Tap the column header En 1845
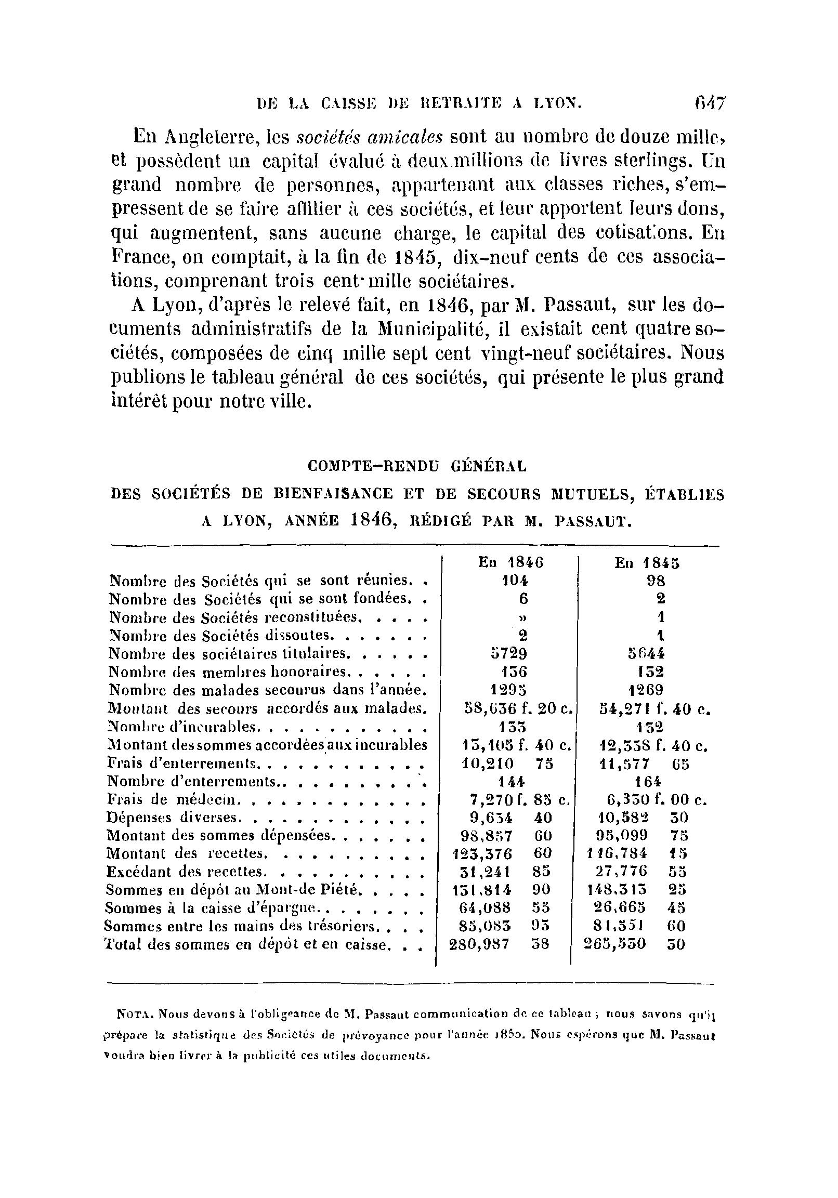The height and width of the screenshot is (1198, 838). pyautogui.click(x=647, y=563)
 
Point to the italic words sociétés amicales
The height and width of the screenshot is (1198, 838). pyautogui.click(x=370, y=137)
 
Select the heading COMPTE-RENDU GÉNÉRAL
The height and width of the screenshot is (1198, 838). pyautogui.click(x=417, y=466)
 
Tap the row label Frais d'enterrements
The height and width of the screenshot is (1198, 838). pyautogui.click(x=182, y=763)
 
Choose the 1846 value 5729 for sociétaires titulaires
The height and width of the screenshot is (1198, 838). pyautogui.click(x=506, y=653)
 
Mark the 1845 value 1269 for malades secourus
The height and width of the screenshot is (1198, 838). pyautogui.click(x=646, y=690)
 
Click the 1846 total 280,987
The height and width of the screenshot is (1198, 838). pyautogui.click(x=479, y=944)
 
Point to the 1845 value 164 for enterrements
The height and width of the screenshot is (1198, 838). pyautogui.click(x=647, y=781)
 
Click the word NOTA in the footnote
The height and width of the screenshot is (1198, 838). pyautogui.click(x=135, y=1015)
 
